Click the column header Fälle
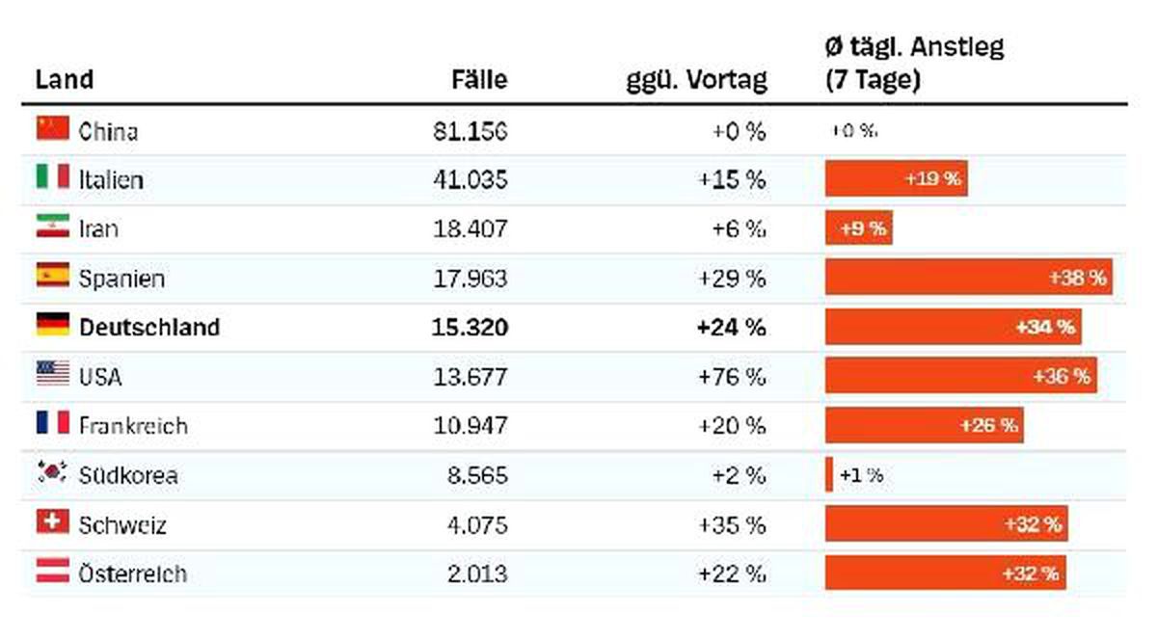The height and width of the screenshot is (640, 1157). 479,80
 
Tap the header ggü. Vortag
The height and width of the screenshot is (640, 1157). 697,81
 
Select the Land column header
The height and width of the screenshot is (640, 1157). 64,80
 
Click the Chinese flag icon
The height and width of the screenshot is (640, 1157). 53,128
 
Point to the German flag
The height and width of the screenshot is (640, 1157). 53,325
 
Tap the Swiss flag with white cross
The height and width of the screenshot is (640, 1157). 53,521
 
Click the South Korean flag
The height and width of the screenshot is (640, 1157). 53,472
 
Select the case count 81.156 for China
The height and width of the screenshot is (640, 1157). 471,132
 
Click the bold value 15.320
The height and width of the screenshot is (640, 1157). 471,328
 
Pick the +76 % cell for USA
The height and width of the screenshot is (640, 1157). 732,377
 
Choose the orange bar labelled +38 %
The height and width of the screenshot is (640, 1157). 968,278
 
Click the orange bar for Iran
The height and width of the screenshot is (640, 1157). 858,227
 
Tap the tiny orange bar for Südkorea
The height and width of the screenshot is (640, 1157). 829,474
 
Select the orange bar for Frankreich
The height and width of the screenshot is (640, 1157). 924,425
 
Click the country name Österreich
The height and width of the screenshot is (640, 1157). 133,573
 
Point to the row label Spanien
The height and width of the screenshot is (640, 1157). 121,279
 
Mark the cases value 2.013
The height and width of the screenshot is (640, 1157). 477,573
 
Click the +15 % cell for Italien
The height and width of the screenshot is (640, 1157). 732,180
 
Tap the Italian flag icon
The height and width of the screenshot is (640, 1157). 53,176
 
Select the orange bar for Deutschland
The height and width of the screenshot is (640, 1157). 953,327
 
